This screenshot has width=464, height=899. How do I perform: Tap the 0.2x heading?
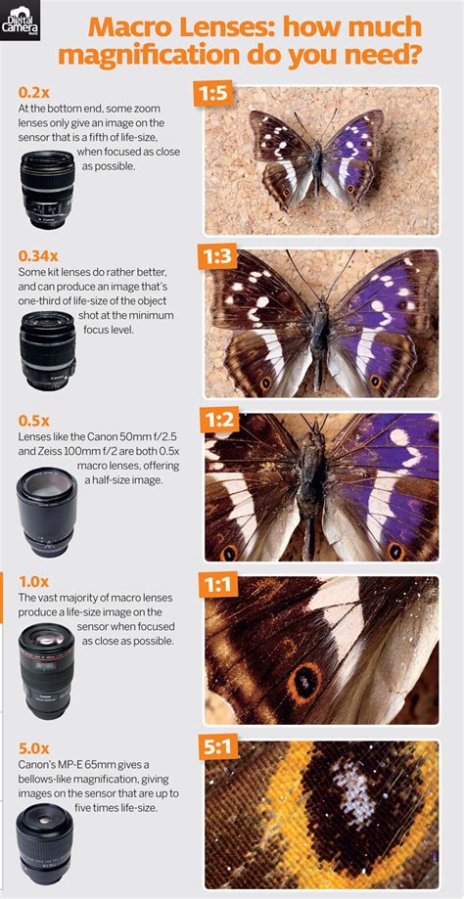pyautogui.click(x=32, y=94)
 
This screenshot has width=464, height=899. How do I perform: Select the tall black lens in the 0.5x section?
pyautogui.click(x=46, y=512)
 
